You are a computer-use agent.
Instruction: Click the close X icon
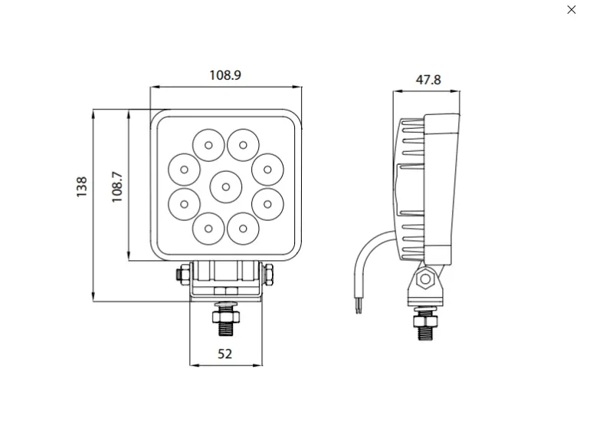[x=572, y=9]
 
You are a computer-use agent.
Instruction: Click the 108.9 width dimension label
[x=225, y=75]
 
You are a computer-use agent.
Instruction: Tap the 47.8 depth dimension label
[x=428, y=80]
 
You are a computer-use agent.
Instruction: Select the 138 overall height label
[x=82, y=187]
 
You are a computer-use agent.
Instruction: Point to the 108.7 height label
[x=117, y=187]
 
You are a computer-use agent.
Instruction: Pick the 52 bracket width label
[x=224, y=354]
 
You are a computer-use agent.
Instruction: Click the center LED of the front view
[x=225, y=187]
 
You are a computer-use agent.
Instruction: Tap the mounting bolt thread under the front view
[x=225, y=329]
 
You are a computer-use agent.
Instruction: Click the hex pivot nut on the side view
[x=425, y=279]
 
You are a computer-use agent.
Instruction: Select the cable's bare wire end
[x=358, y=305]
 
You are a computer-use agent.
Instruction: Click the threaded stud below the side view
[x=424, y=333]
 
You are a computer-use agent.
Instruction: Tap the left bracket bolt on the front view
[x=183, y=273]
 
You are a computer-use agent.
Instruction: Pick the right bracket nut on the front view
[x=269, y=274]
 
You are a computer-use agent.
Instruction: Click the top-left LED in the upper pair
[x=208, y=145]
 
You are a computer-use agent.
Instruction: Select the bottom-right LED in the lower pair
[x=243, y=229]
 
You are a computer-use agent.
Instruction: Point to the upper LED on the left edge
[x=184, y=170]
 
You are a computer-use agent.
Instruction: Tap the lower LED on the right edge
[x=267, y=204]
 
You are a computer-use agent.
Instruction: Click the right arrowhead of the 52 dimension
[x=258, y=365]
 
